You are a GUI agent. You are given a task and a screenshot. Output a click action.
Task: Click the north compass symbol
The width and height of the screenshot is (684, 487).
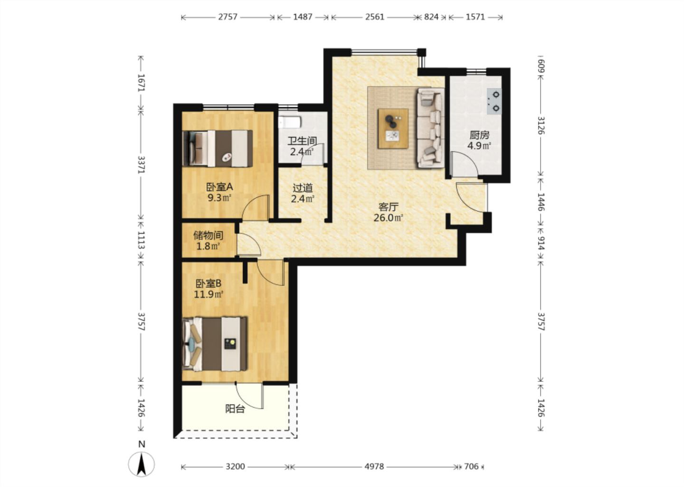click(x=141, y=460)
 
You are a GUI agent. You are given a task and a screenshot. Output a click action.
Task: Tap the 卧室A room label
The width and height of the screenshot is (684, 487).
click(x=219, y=186)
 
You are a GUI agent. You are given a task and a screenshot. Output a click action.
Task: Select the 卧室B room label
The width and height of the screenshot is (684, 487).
click(x=209, y=284)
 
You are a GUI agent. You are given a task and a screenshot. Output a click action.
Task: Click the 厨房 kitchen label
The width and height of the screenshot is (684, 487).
click(x=479, y=135)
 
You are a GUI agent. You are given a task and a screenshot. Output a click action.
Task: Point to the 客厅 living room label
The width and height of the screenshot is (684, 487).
click(x=389, y=207)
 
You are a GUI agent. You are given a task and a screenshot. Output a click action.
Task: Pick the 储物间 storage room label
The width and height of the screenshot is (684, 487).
click(x=208, y=235)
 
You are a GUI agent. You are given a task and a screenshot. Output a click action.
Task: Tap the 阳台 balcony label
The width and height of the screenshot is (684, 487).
click(x=235, y=409)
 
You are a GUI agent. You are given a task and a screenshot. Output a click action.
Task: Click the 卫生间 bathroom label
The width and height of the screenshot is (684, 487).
click(x=302, y=141)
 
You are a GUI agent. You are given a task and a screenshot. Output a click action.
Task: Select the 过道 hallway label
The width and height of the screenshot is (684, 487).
click(x=303, y=187)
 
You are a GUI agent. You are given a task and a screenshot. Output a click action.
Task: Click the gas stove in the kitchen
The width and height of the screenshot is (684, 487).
click(x=494, y=101)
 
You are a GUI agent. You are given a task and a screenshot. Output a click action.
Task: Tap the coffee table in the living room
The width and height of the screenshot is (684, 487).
click(x=393, y=129)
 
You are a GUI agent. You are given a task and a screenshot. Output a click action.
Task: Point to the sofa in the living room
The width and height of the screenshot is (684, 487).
click(x=430, y=128)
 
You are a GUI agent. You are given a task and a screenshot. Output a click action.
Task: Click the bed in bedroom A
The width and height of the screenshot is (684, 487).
click(x=218, y=148)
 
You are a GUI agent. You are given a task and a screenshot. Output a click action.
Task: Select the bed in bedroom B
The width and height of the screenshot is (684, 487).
click(x=215, y=344)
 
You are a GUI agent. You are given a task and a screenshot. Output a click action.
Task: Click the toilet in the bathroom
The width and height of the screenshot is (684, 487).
click(x=290, y=122)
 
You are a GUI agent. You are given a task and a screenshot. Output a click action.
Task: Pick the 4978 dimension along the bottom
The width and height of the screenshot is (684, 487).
click(x=374, y=467)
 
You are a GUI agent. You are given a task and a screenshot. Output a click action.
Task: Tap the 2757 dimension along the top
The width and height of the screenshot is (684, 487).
click(x=228, y=17)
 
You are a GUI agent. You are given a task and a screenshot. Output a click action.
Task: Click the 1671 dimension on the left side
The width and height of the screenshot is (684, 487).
click(x=141, y=83)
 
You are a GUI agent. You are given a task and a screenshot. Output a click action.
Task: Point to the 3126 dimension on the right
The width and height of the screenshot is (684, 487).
click(x=541, y=126)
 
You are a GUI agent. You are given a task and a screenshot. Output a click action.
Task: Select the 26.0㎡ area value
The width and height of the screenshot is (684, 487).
click(x=389, y=218)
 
